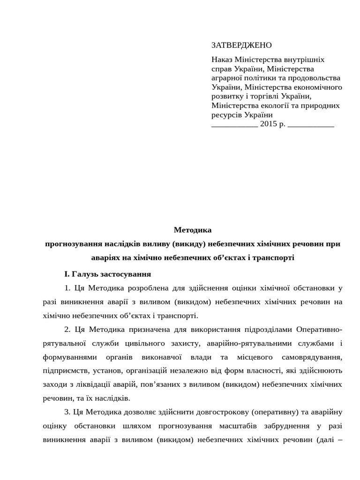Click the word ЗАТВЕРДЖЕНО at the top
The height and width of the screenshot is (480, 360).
coord(241,45)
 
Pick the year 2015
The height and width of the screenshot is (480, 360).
coord(269,124)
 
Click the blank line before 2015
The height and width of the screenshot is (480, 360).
coord(234,124)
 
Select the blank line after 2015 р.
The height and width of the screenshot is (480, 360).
coord(310,124)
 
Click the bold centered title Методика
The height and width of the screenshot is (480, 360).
coord(193,230)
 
